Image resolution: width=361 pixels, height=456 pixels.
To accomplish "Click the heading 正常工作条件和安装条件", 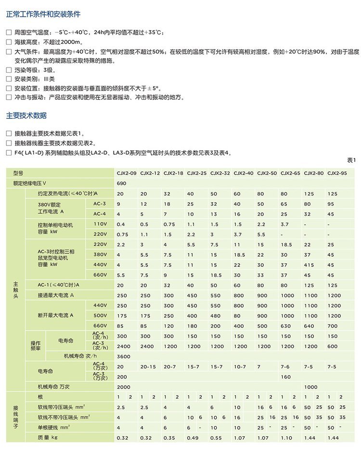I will pyautogui.click(x=43, y=14).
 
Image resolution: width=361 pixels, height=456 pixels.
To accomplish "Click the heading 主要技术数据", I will pyautogui.click(x=26, y=116).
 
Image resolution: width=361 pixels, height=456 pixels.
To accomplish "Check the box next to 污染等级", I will pyautogui.click(x=8, y=70).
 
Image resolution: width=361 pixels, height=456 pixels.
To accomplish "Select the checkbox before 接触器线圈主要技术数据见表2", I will pyautogui.click(x=8, y=143).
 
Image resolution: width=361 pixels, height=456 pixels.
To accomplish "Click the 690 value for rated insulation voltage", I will pyautogui.click(x=121, y=183).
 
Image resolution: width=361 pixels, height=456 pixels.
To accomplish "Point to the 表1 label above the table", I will pyautogui.click(x=350, y=160).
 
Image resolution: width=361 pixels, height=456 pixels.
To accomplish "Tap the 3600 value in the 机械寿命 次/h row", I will pyautogui.click(x=123, y=356).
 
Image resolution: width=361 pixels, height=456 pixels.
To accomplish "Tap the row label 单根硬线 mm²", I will pyautogui.click(x=54, y=427).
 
